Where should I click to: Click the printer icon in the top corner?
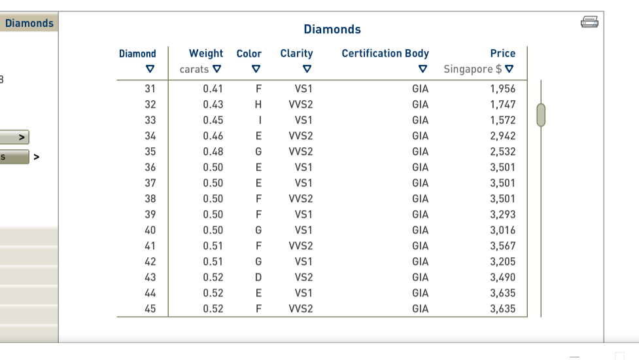point(589,22)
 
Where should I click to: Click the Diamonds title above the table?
point(332,29)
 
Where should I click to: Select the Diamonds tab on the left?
point(29,24)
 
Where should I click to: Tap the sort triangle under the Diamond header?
point(150,69)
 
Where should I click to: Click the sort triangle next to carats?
point(217,69)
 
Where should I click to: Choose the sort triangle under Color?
point(256,69)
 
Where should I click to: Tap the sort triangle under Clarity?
point(306,69)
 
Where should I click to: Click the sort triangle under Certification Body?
point(423,69)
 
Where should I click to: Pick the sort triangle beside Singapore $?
point(509,69)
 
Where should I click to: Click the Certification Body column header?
point(385,54)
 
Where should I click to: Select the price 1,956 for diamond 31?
point(502,89)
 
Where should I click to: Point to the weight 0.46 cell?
point(213,136)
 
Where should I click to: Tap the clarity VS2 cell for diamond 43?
point(303,278)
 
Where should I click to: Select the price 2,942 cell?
point(502,136)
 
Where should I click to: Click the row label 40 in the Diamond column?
point(150,230)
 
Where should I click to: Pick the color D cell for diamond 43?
point(259,278)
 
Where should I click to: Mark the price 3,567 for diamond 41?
point(502,246)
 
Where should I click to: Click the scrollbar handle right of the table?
point(541,115)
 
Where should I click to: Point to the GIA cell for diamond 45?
point(421,309)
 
